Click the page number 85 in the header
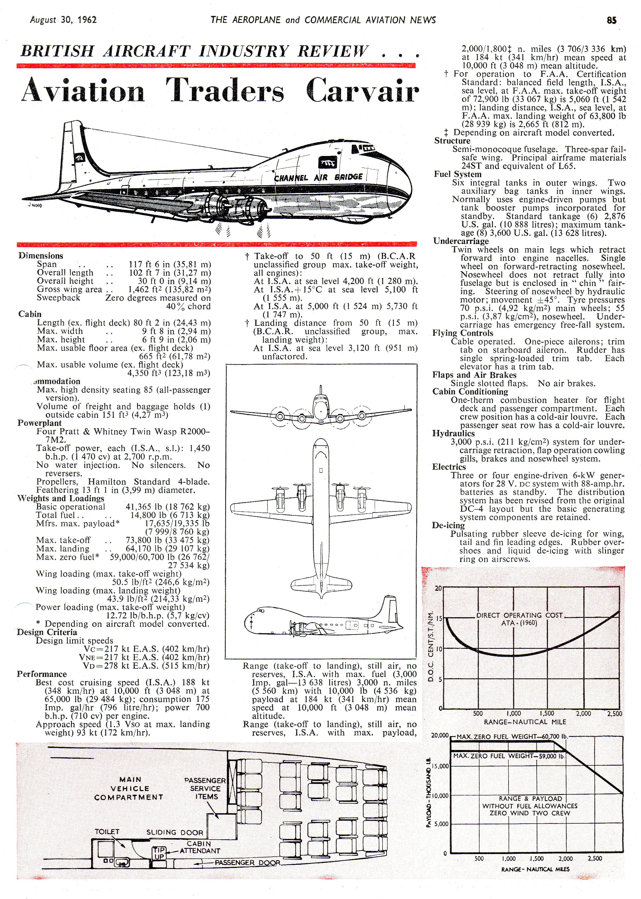point(611,20)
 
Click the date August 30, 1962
point(63,20)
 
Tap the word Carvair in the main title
point(362,90)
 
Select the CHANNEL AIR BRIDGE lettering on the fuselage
point(318,177)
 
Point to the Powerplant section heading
point(39,423)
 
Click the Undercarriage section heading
point(461,241)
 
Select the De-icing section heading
point(448,525)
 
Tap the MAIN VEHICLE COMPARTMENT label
point(129,788)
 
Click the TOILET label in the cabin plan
point(107,831)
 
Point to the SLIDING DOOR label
point(174,832)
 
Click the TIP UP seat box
point(159,853)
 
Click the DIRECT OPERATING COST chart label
point(519,615)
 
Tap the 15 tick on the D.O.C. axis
point(438,619)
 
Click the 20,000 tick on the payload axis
point(439,735)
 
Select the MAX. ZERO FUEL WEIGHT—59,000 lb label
point(508,756)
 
